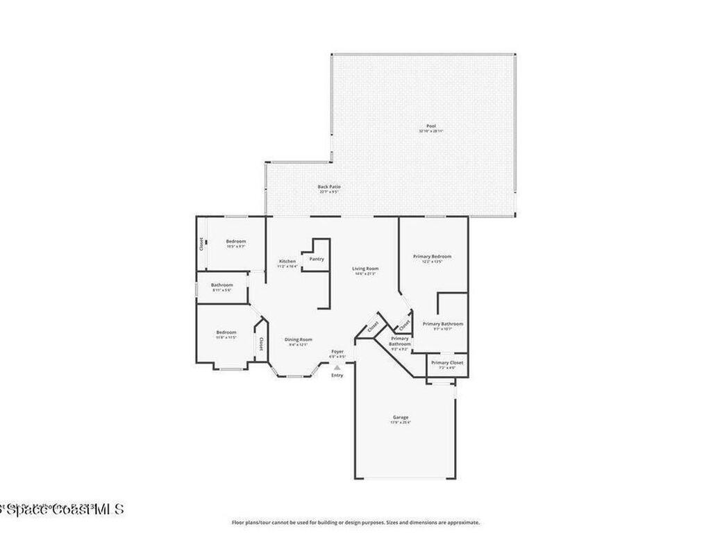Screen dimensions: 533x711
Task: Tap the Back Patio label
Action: (329, 187)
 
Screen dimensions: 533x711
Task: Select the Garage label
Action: (401, 417)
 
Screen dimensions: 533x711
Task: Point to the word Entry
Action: (337, 375)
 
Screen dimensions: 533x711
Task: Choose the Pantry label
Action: (317, 259)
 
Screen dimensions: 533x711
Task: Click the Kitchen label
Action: (287, 261)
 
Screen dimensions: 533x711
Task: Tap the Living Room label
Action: (365, 269)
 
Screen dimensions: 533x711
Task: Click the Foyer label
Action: (337, 352)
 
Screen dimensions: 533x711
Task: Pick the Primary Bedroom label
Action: (432, 256)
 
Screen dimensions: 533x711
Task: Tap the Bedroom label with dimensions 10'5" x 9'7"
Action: (235, 242)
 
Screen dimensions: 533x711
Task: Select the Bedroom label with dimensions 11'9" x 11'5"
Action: (226, 332)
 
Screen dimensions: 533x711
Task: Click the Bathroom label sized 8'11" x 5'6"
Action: (222, 285)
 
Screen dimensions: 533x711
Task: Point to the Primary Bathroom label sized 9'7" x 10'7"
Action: (442, 324)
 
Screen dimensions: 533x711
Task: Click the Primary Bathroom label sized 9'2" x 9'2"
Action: (400, 341)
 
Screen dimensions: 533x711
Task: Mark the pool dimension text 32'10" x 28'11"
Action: (430, 131)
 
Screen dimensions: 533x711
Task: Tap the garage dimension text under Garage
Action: (401, 423)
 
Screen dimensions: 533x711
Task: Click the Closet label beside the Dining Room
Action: (261, 344)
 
